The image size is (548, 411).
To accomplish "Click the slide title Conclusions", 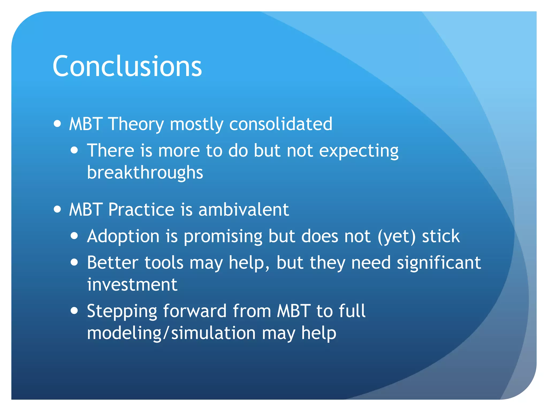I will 127,66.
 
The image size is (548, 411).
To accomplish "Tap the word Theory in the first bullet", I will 136,124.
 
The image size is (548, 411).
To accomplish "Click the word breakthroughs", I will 145,173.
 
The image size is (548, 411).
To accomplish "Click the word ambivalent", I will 243,210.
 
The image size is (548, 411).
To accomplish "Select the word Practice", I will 141,210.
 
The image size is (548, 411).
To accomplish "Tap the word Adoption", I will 123,237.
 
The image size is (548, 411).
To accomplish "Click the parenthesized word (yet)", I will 397,237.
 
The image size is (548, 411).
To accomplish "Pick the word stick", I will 441,236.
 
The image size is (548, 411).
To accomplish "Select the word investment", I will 132,284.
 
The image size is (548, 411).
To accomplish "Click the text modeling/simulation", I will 171,333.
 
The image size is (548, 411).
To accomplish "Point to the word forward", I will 195,311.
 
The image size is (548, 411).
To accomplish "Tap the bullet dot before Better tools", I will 74,262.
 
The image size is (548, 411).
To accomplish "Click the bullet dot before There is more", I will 74,150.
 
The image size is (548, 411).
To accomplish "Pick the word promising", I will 223,237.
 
